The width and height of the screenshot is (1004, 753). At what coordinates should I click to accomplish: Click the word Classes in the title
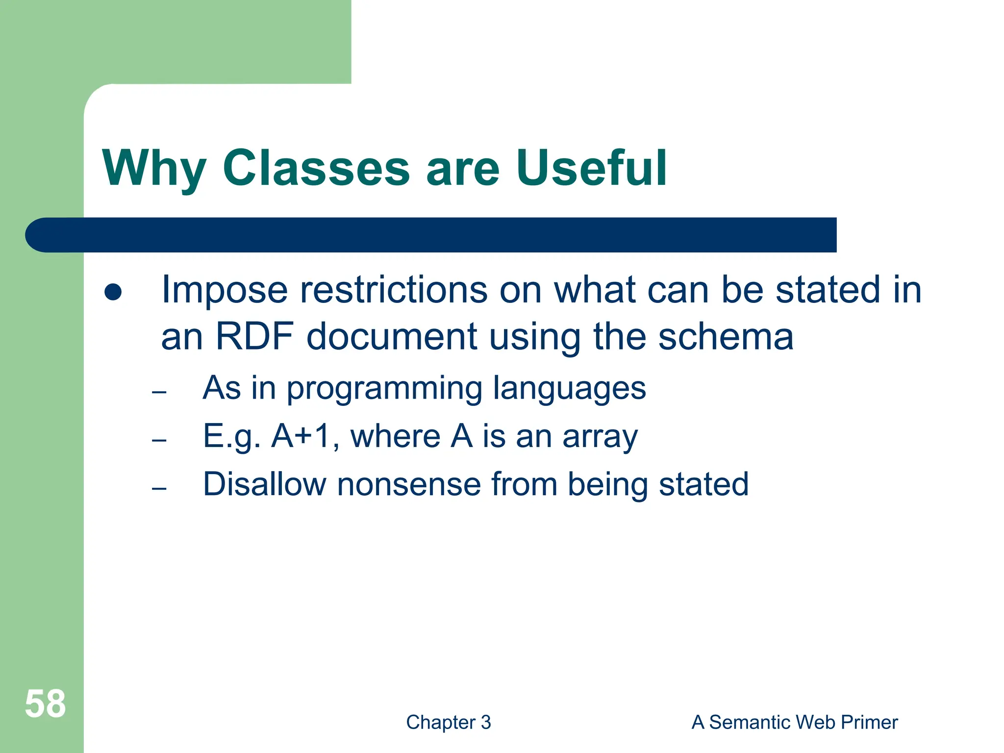pyautogui.click(x=316, y=168)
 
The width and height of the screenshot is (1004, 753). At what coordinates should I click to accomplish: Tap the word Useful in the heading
pyautogui.click(x=591, y=168)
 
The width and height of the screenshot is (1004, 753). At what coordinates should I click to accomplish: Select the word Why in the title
pyautogui.click(x=154, y=168)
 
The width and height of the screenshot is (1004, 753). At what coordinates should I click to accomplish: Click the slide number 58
pyautogui.click(x=45, y=704)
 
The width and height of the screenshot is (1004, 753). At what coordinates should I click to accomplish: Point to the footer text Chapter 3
pyautogui.click(x=448, y=723)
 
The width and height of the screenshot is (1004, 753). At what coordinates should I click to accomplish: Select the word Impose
pyautogui.click(x=224, y=290)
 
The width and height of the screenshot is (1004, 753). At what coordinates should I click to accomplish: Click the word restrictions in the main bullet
pyautogui.click(x=394, y=290)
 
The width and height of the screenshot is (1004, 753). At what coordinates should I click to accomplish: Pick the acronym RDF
pyautogui.click(x=254, y=337)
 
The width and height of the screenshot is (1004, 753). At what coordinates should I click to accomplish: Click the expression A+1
pyautogui.click(x=301, y=436)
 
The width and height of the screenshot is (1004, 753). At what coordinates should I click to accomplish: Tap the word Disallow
pyautogui.click(x=264, y=484)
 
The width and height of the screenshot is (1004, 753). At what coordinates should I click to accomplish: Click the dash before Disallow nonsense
pyautogui.click(x=159, y=488)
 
